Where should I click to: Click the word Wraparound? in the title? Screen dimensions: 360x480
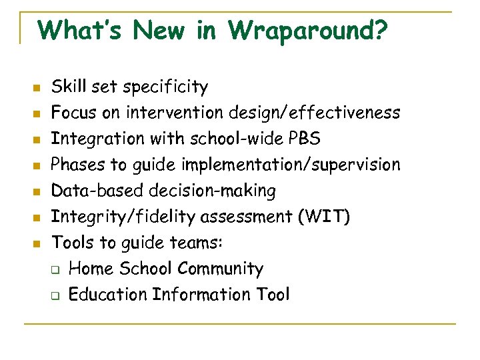308,31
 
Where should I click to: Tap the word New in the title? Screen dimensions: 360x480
169,30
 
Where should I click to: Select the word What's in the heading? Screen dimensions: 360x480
79,30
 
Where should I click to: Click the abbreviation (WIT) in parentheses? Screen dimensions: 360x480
326,217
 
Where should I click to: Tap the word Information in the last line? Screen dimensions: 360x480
194,295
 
